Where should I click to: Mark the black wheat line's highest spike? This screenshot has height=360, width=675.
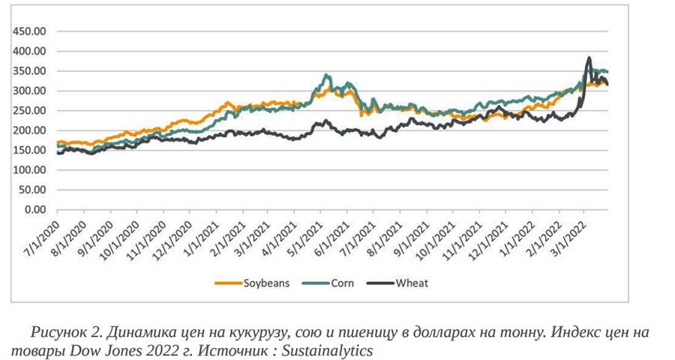pyautogui.click(x=589, y=58)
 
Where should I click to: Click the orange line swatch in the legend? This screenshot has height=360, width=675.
pyautogui.click(x=227, y=283)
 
